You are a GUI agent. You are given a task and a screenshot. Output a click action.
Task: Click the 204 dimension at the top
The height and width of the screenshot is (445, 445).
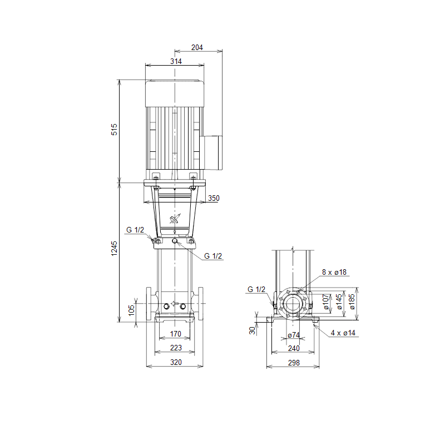tap(197, 47)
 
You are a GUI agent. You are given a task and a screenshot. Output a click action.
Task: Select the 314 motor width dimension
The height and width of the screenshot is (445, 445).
tap(176, 61)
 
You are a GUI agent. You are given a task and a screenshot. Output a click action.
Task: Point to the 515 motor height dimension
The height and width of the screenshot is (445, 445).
tap(114, 130)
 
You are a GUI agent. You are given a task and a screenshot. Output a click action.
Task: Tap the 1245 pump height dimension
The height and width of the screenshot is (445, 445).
tap(114, 249)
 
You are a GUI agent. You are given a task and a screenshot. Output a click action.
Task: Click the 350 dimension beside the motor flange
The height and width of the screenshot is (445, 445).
tap(214, 198)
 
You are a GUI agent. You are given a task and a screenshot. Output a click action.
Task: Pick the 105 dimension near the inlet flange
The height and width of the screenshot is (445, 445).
tap(131, 310)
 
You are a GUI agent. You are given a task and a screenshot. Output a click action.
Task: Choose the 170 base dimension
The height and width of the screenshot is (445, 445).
tap(176, 334)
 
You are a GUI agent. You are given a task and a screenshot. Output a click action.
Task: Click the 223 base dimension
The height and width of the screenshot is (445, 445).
tap(176, 348)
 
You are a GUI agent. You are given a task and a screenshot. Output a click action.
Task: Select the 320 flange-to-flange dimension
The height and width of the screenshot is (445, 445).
tap(176, 362)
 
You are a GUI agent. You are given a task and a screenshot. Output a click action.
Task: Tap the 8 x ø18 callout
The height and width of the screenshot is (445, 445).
tap(334, 272)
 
